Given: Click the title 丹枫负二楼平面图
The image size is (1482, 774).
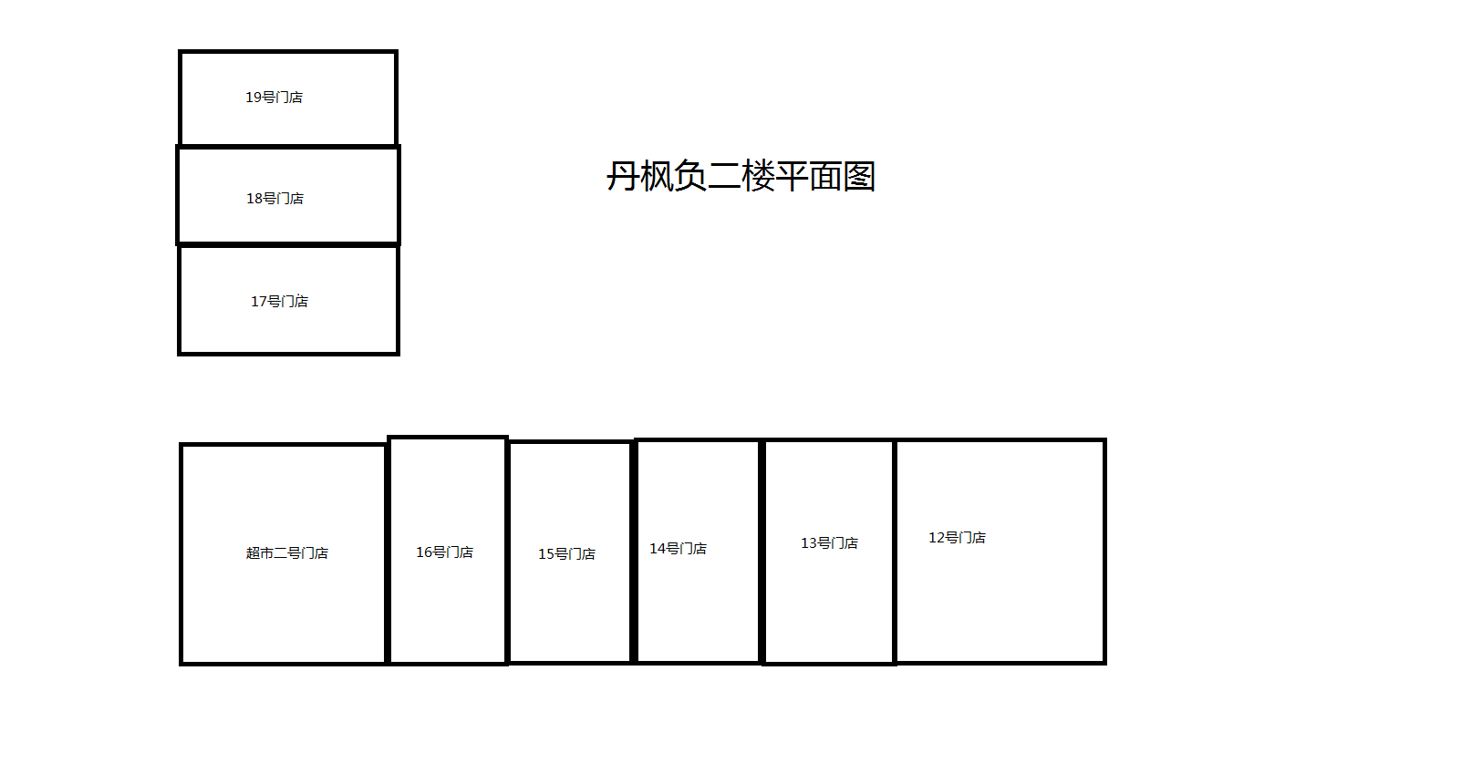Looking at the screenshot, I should [x=741, y=176].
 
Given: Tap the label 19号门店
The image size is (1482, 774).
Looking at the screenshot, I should [x=274, y=98].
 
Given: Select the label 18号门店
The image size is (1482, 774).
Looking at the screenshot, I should [x=275, y=199].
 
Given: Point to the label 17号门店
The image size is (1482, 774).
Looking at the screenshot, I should [x=279, y=302].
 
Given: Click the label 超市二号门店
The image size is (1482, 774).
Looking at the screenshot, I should [x=286, y=553].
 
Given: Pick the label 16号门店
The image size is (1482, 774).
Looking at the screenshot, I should [x=444, y=552].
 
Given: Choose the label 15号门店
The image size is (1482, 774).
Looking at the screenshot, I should [x=566, y=554].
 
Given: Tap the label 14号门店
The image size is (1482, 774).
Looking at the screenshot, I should [x=678, y=549].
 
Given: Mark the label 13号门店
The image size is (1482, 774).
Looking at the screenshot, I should [x=829, y=543].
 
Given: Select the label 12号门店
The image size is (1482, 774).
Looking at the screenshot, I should [x=957, y=538].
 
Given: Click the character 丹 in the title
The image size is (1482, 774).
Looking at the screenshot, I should [x=623, y=176].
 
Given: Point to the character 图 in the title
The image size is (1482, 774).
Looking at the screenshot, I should [x=859, y=176].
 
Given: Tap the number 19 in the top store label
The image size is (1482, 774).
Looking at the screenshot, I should [x=254, y=98].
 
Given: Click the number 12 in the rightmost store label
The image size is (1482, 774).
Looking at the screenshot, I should [x=937, y=538].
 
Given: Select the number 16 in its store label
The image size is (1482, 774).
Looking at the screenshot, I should [x=424, y=552].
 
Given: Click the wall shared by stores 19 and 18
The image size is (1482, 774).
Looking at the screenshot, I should [x=288, y=146].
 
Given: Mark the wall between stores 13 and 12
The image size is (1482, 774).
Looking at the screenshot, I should [x=895, y=552].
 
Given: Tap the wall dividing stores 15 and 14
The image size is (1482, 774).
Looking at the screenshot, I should [x=634, y=552].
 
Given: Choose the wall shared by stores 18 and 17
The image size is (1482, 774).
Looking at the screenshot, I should [x=288, y=244].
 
